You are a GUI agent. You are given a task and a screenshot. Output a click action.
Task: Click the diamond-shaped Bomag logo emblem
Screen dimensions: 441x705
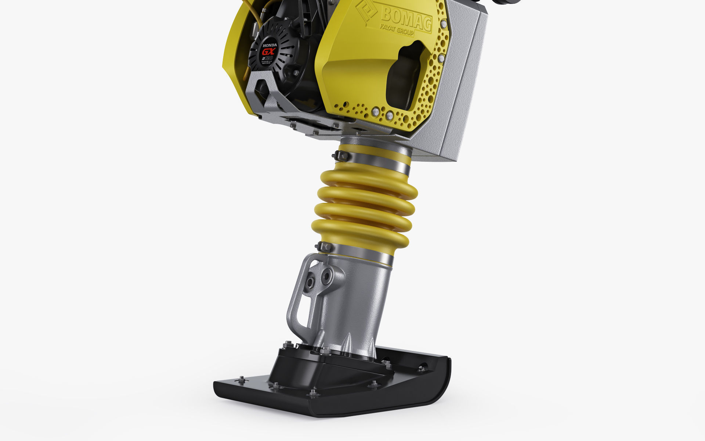366,12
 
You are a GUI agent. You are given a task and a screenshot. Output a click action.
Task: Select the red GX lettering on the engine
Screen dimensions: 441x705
268,51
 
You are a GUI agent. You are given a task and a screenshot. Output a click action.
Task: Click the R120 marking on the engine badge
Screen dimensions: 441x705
267,59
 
